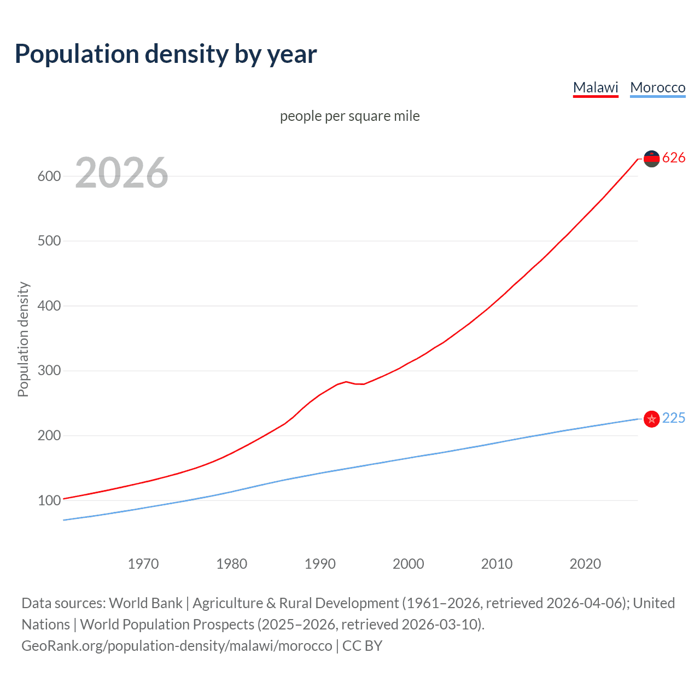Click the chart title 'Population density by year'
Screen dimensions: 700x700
tap(166, 54)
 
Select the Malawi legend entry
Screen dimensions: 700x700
tap(595, 87)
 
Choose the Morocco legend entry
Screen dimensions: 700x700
tap(657, 87)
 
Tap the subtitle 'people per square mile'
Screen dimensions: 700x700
tap(349, 116)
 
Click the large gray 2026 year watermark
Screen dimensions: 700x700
tap(121, 173)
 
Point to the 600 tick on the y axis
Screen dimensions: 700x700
tap(49, 176)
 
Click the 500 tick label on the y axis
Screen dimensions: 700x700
tap(49, 241)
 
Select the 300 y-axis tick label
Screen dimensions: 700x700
tap(49, 371)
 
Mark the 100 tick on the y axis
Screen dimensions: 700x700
tap(49, 500)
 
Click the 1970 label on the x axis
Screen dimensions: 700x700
tap(143, 564)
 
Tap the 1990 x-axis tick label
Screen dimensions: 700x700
tap(320, 564)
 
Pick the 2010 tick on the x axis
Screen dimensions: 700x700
tap(497, 564)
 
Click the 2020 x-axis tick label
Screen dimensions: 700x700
tap(585, 564)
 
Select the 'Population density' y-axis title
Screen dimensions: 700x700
tap(23, 339)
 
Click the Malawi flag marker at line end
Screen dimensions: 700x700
tap(651, 159)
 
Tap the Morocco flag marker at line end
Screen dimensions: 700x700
tap(651, 419)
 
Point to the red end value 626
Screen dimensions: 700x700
tap(674, 158)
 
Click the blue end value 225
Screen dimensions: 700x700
tap(674, 418)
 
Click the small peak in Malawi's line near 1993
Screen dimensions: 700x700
tap(346, 382)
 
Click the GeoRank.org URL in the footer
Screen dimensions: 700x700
tap(177, 646)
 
